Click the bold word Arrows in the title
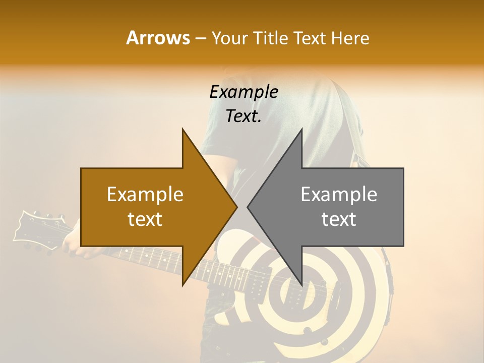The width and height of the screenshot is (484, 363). coord(158,38)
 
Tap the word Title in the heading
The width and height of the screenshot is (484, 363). coord(271,38)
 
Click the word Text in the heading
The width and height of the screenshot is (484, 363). coord(310,38)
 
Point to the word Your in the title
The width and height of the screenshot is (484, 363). coord(229,38)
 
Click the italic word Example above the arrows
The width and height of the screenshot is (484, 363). coord(244,92)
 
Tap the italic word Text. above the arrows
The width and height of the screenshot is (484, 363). coord(244,116)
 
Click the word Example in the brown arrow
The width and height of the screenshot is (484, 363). coord(145,195)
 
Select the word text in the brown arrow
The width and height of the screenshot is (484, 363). coord(145,219)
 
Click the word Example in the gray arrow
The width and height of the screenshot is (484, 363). coord(339,195)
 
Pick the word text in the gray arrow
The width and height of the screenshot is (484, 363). coord(339,219)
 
